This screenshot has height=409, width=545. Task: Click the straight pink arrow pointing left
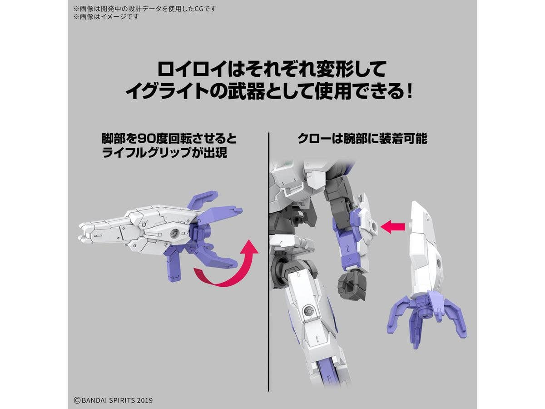[x=392, y=226]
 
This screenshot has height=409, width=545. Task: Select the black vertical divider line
[x=269, y=262]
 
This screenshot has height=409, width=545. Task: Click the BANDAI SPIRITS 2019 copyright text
[x=113, y=400]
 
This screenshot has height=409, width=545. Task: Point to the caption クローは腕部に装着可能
[x=362, y=138]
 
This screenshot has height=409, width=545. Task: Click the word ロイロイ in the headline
[x=192, y=69]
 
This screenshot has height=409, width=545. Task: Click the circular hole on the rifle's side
[x=174, y=233]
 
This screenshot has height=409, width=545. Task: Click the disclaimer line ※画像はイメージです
[x=106, y=17]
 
